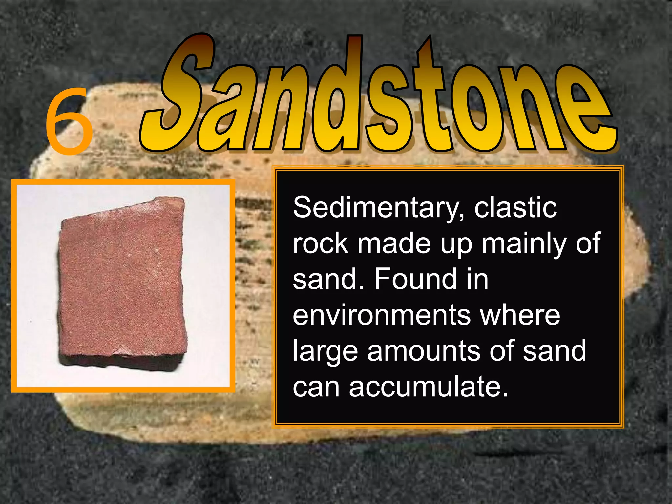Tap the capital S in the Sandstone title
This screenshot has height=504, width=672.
pyautogui.click(x=179, y=95)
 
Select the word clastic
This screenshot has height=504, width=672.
pyautogui.click(x=515, y=207)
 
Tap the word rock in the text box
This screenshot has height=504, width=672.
pyautogui.click(x=320, y=243)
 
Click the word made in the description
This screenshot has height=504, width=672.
pyautogui.click(x=394, y=243)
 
